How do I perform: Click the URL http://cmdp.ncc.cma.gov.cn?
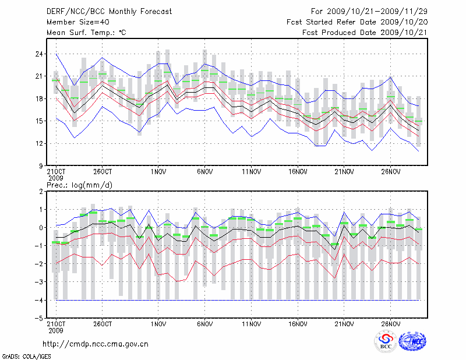coord(96,344)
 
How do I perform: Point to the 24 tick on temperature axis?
coord(40,54)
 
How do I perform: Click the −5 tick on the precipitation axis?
coord(40,319)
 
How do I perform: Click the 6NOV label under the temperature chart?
coord(204,172)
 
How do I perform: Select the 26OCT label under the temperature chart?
coord(102,172)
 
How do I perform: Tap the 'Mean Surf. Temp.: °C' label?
coord(86,33)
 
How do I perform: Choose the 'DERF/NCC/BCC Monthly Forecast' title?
coord(105,11)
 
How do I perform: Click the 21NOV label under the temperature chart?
coord(344,172)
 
